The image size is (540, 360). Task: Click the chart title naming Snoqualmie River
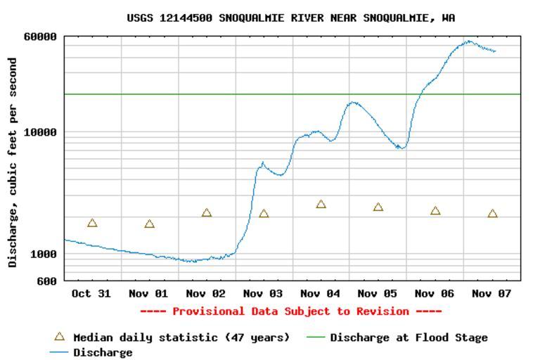pyautogui.click(x=290, y=18)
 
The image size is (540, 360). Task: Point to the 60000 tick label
pyautogui.click(x=41, y=37)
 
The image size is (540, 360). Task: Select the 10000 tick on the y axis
pyautogui.click(x=41, y=132)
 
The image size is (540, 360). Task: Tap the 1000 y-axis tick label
pyautogui.click(x=44, y=254)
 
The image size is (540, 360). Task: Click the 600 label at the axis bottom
pyautogui.click(x=47, y=281)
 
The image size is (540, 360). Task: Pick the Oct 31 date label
pyautogui.click(x=91, y=293)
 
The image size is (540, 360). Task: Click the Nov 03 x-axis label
pyautogui.click(x=263, y=293)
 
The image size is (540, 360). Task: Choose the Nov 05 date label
pyautogui.click(x=378, y=293)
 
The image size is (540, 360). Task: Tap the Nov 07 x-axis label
pyautogui.click(x=492, y=293)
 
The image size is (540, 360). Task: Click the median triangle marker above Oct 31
pyautogui.click(x=92, y=223)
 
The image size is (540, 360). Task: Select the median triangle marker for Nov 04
pyautogui.click(x=321, y=205)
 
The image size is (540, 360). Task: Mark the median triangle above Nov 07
pyautogui.click(x=493, y=214)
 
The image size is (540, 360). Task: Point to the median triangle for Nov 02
pyautogui.click(x=207, y=213)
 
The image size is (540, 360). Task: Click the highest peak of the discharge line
pyautogui.click(x=469, y=41)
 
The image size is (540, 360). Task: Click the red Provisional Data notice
pyautogui.click(x=290, y=311)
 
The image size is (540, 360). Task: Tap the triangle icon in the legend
pyautogui.click(x=60, y=337)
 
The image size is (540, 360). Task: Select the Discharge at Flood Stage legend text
pyautogui.click(x=409, y=337)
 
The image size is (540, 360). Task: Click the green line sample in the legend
pyautogui.click(x=316, y=337)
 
